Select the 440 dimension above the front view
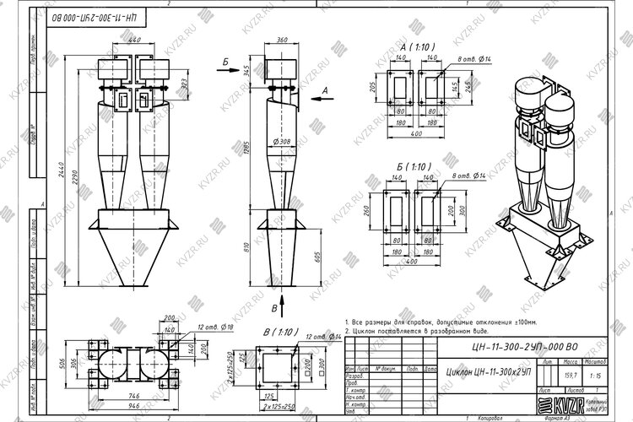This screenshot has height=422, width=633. point(133,40)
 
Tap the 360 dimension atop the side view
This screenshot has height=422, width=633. point(282,40)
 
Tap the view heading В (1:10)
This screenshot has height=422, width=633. point(279,332)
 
